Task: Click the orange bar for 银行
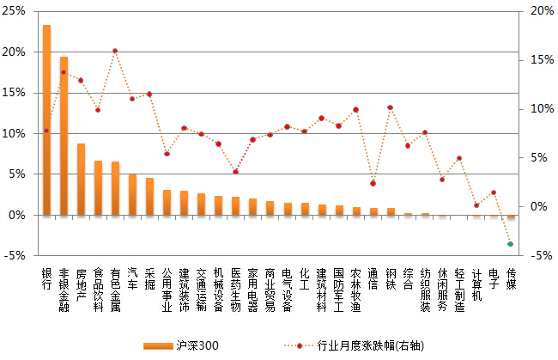click(46, 120)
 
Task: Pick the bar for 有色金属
click(115, 188)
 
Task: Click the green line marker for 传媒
click(511, 244)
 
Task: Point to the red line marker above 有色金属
click(115, 51)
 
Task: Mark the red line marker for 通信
click(373, 183)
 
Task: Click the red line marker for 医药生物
click(235, 172)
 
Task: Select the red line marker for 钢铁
click(390, 107)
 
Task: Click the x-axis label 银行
click(46, 278)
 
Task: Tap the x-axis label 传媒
click(511, 278)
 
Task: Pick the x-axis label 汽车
click(132, 278)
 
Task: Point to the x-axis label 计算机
click(476, 284)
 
